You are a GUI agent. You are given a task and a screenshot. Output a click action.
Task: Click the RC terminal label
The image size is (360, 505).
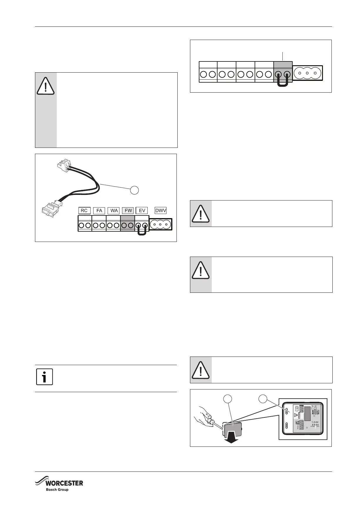84,210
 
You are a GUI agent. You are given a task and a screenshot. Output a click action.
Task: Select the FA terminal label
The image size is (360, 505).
99,210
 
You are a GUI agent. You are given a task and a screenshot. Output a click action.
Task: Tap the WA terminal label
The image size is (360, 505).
114,210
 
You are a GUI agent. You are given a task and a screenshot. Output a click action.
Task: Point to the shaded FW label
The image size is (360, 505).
128,210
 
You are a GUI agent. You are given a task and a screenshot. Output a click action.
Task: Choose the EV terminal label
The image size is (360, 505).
142,210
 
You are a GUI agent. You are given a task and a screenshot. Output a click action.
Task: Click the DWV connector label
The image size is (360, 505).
161,210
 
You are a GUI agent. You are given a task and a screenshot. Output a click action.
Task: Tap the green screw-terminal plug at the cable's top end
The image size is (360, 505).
64,166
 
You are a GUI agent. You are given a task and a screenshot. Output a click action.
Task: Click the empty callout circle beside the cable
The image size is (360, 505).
134,190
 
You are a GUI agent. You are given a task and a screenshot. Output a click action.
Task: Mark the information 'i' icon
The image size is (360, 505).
44,377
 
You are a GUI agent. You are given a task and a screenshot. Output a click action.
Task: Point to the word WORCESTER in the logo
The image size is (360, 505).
64,483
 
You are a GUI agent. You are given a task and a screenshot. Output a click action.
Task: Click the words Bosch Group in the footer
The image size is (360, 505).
57,489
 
